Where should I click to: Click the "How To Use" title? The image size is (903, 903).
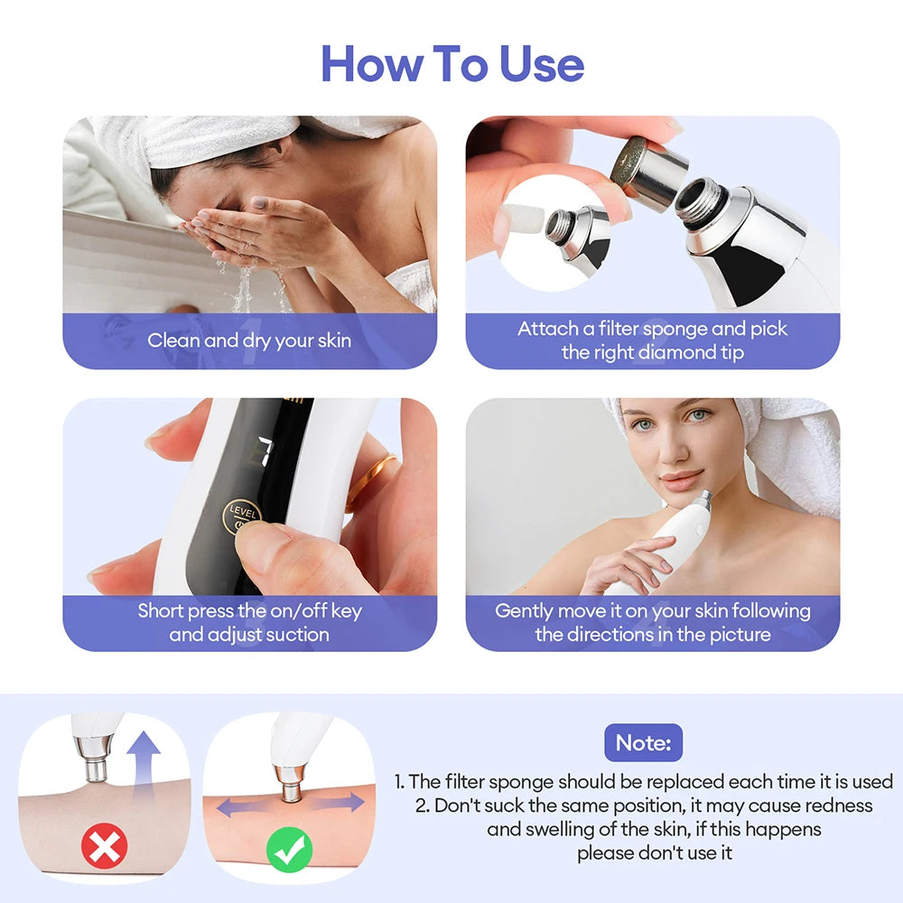point(452,63)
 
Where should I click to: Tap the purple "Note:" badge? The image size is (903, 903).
point(643,742)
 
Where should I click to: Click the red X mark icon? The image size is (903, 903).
point(105,847)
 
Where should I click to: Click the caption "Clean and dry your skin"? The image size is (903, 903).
point(249,340)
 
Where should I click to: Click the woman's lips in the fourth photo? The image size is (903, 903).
point(681,479)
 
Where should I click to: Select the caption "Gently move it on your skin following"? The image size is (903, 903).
point(652,610)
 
